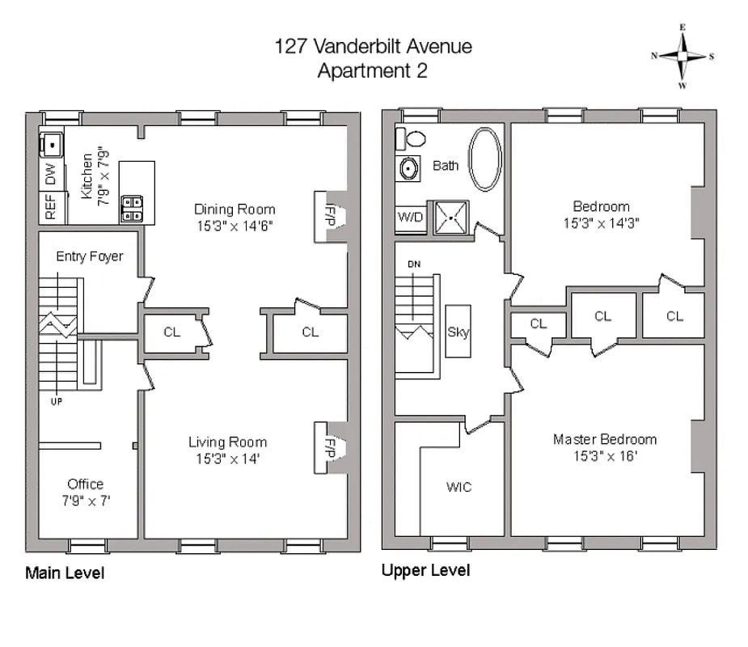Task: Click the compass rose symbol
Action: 682,57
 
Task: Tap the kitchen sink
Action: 51,145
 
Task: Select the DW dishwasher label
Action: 50,173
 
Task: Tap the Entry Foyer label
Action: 89,256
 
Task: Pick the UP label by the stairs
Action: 56,400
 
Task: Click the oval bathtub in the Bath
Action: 484,160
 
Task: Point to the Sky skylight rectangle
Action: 458,332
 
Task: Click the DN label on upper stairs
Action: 414,264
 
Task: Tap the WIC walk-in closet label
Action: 459,487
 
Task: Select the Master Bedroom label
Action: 604,439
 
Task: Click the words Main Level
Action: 65,573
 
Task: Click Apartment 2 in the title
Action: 372,70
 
